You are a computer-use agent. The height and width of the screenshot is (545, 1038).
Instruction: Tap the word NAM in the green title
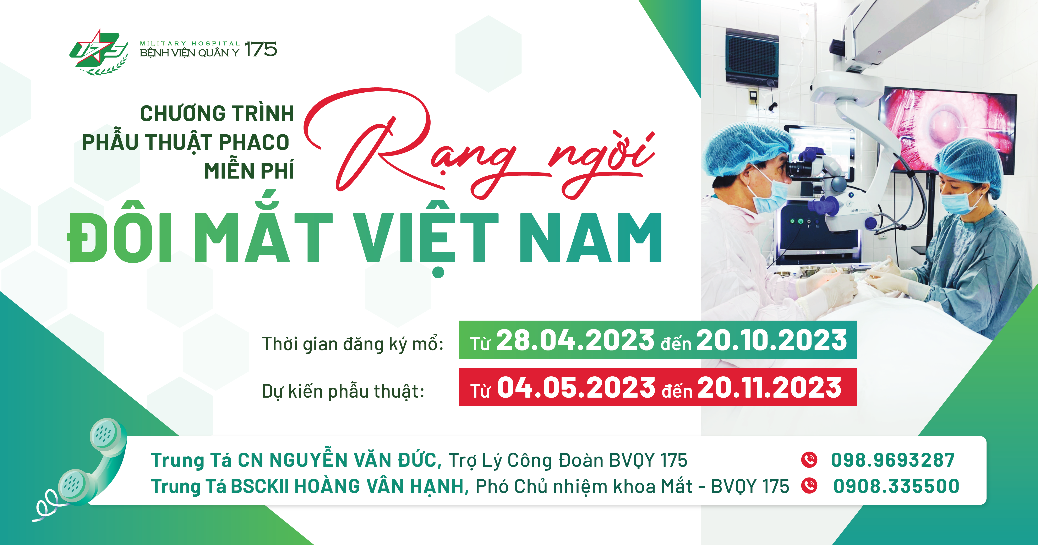(590, 238)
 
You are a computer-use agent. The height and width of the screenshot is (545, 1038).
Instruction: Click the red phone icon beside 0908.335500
(809, 485)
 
